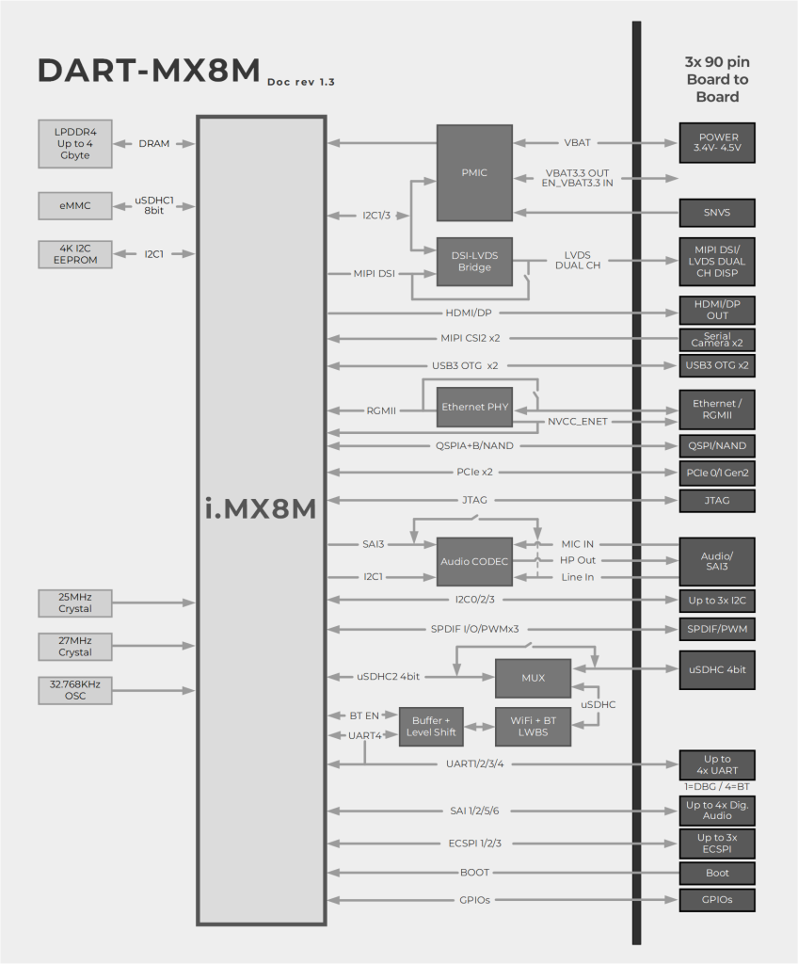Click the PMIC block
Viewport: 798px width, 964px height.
474,173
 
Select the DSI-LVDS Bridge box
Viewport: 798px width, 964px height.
474,262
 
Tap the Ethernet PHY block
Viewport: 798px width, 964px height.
474,407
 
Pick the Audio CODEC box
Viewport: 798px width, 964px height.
474,562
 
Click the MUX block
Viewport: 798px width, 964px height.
533,678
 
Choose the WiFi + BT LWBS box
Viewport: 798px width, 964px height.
533,727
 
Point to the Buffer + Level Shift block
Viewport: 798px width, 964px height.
431,727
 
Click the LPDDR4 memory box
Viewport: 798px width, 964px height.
75,143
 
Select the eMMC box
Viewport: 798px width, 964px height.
75,204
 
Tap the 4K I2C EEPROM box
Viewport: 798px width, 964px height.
75,254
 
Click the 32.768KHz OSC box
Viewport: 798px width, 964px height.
75,690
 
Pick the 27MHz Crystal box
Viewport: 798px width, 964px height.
75,646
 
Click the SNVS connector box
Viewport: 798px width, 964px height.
717,213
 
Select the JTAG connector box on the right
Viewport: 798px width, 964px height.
717,500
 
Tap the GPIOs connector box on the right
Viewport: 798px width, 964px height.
717,900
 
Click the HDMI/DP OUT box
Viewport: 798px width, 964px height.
717,311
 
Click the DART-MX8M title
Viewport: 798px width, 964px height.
148,72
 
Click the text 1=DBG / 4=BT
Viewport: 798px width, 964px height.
717,786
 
